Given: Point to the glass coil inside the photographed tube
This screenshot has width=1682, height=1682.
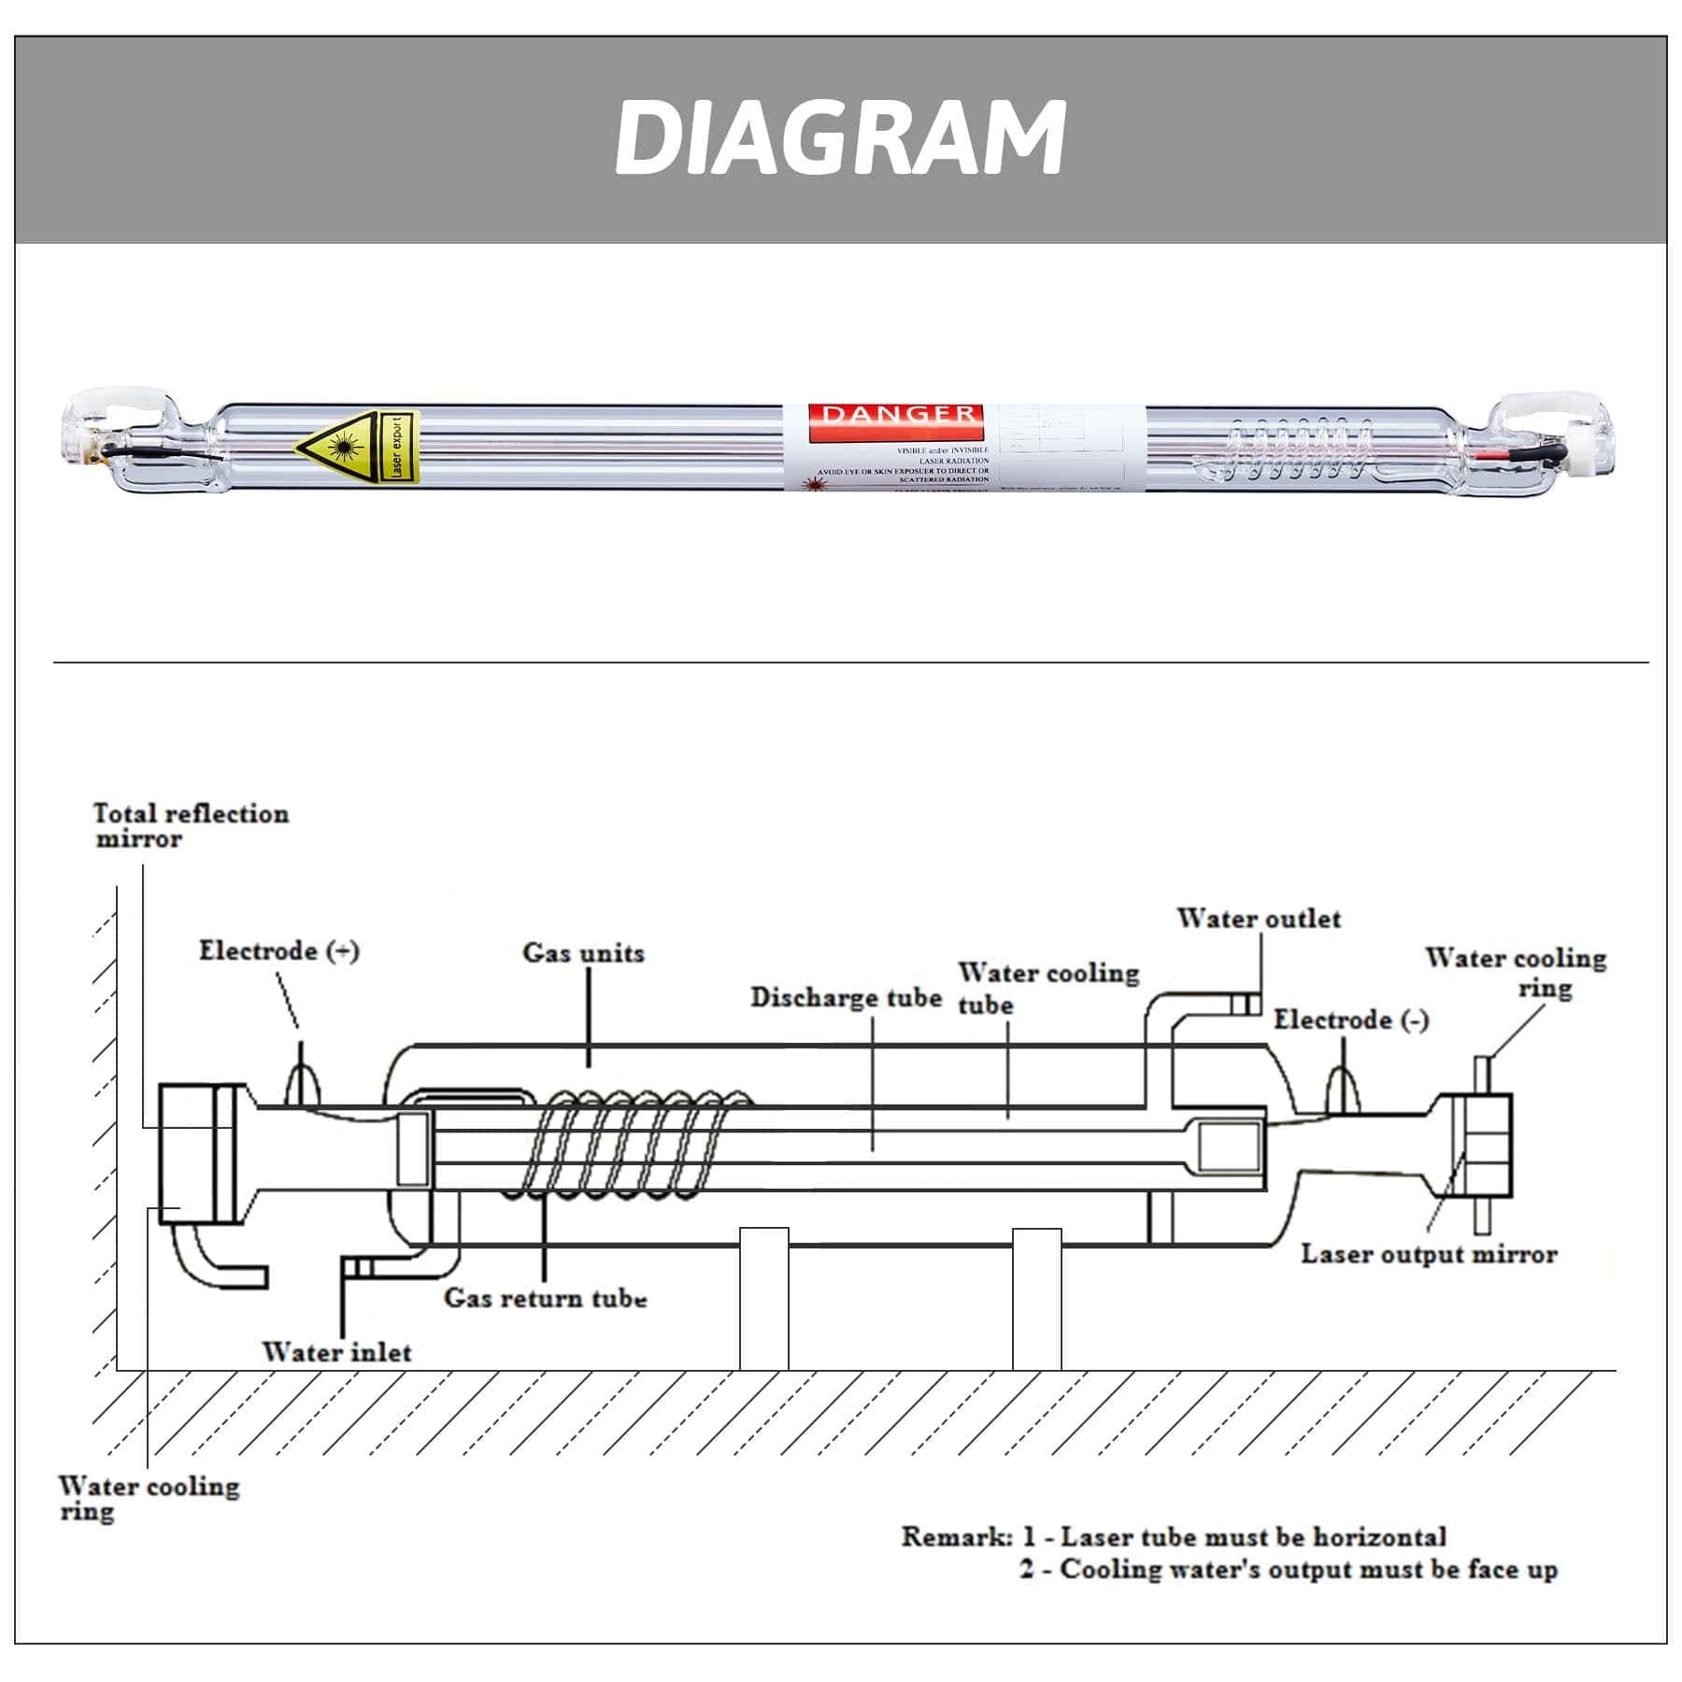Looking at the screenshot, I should (1299, 449).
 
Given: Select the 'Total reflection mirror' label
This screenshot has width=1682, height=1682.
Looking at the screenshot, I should (192, 826).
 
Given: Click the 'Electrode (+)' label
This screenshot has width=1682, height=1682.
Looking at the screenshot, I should (278, 951).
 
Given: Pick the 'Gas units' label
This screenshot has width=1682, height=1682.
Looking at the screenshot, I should (583, 953).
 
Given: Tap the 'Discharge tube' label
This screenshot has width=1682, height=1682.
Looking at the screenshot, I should (846, 998).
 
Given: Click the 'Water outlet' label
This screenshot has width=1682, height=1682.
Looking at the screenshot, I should (1259, 919).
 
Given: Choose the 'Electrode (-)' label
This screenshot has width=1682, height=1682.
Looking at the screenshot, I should (1351, 1019).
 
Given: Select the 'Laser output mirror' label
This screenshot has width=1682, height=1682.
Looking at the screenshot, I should (1429, 1254).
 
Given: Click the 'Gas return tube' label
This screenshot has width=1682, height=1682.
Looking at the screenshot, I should (545, 1298).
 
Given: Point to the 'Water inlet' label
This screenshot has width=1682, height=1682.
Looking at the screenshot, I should (336, 1352).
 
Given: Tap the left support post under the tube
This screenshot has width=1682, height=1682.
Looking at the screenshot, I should (763, 1299).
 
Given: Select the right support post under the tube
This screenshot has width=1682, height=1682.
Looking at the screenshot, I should (1037, 1299).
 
